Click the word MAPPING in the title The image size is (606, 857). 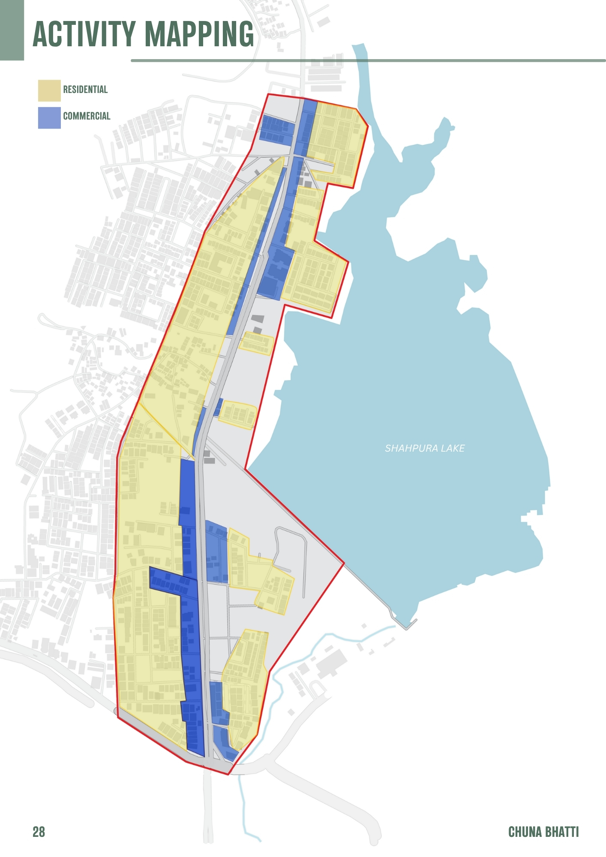199,34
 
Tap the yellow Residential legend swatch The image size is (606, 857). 49,90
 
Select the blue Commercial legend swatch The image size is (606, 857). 49,117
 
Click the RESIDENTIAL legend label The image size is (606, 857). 85,90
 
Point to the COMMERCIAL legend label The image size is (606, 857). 87,116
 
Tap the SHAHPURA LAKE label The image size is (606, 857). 424,448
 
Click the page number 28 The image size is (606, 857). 39,832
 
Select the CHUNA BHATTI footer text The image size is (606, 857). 543,832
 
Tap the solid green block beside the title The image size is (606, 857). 12,30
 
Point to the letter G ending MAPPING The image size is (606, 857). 246,34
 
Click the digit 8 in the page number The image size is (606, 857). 42,832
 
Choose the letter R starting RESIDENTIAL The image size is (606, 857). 66,90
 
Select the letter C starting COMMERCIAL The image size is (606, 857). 66,116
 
